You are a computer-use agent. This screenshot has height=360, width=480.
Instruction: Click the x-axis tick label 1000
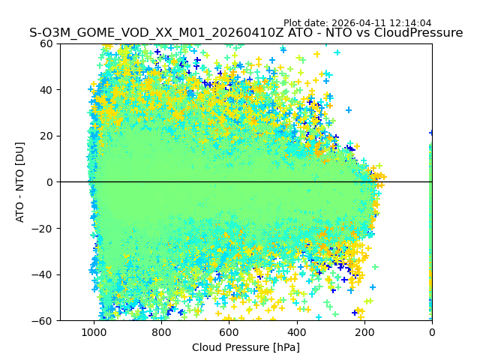pos(94,332)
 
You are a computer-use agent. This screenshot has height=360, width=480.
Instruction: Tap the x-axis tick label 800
pos(161,332)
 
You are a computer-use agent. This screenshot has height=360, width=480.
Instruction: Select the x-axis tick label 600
pos(229,332)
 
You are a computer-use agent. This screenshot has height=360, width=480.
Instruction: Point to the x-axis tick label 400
pos(297,332)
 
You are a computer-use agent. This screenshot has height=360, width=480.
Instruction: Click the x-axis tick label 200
pos(364,332)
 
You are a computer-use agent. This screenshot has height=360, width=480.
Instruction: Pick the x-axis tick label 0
pos(432,332)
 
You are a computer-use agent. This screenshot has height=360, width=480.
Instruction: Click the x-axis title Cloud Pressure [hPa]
pos(246,347)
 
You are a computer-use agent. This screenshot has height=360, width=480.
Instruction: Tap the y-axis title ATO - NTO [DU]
pos(21,182)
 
